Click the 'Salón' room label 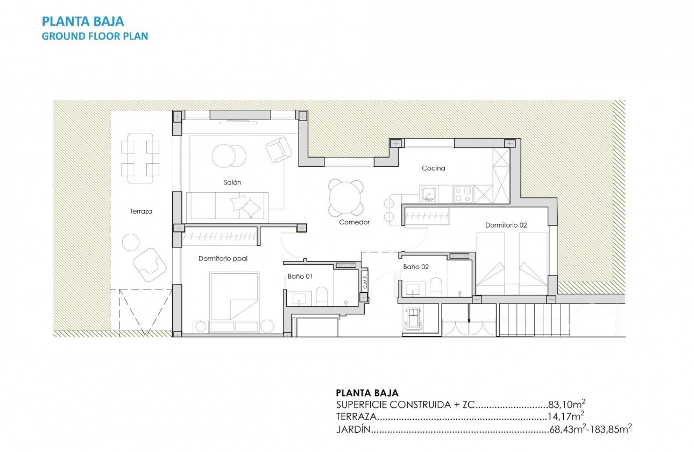click(232, 182)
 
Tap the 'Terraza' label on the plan click(141, 211)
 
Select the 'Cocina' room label click(433, 168)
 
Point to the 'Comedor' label click(354, 222)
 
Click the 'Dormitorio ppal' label click(223, 259)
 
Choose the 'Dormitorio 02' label click(506, 225)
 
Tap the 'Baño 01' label click(300, 277)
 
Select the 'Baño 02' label click(416, 267)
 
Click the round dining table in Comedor click(345, 198)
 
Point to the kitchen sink click(429, 193)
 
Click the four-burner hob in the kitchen click(463, 194)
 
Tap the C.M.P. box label click(364, 280)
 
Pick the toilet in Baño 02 click(436, 286)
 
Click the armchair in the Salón click(278, 149)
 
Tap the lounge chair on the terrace click(149, 264)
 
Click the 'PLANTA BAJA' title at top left click(83, 22)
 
